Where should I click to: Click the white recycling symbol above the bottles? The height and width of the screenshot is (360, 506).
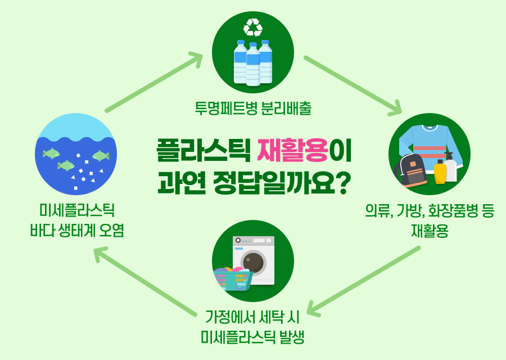coord(253,28)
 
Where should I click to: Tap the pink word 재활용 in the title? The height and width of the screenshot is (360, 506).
coord(293,150)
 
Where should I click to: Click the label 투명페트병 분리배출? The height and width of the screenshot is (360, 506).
coord(253,108)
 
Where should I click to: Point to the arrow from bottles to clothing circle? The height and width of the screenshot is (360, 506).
coord(353,85)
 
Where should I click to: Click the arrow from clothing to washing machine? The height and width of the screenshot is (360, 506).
coord(363,281)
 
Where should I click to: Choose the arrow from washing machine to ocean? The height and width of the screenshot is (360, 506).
coord(145,281)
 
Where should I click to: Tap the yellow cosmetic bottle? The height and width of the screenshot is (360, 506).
coord(440,172)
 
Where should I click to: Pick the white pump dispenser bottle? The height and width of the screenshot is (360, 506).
coord(450,166)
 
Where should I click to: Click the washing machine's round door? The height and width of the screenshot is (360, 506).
coord(254,263)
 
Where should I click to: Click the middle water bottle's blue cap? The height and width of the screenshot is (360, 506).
coord(253,44)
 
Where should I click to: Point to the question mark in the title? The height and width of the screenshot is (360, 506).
coord(341,183)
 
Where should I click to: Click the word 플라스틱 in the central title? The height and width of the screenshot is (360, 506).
coord(204,150)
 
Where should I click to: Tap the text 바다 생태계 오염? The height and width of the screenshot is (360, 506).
coord(77,230)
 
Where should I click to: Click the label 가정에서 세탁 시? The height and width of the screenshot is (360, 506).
coord(252,317)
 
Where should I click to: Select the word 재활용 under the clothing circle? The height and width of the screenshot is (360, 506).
coord(430,231)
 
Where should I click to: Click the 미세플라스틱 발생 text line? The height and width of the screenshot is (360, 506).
coord(252,337)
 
